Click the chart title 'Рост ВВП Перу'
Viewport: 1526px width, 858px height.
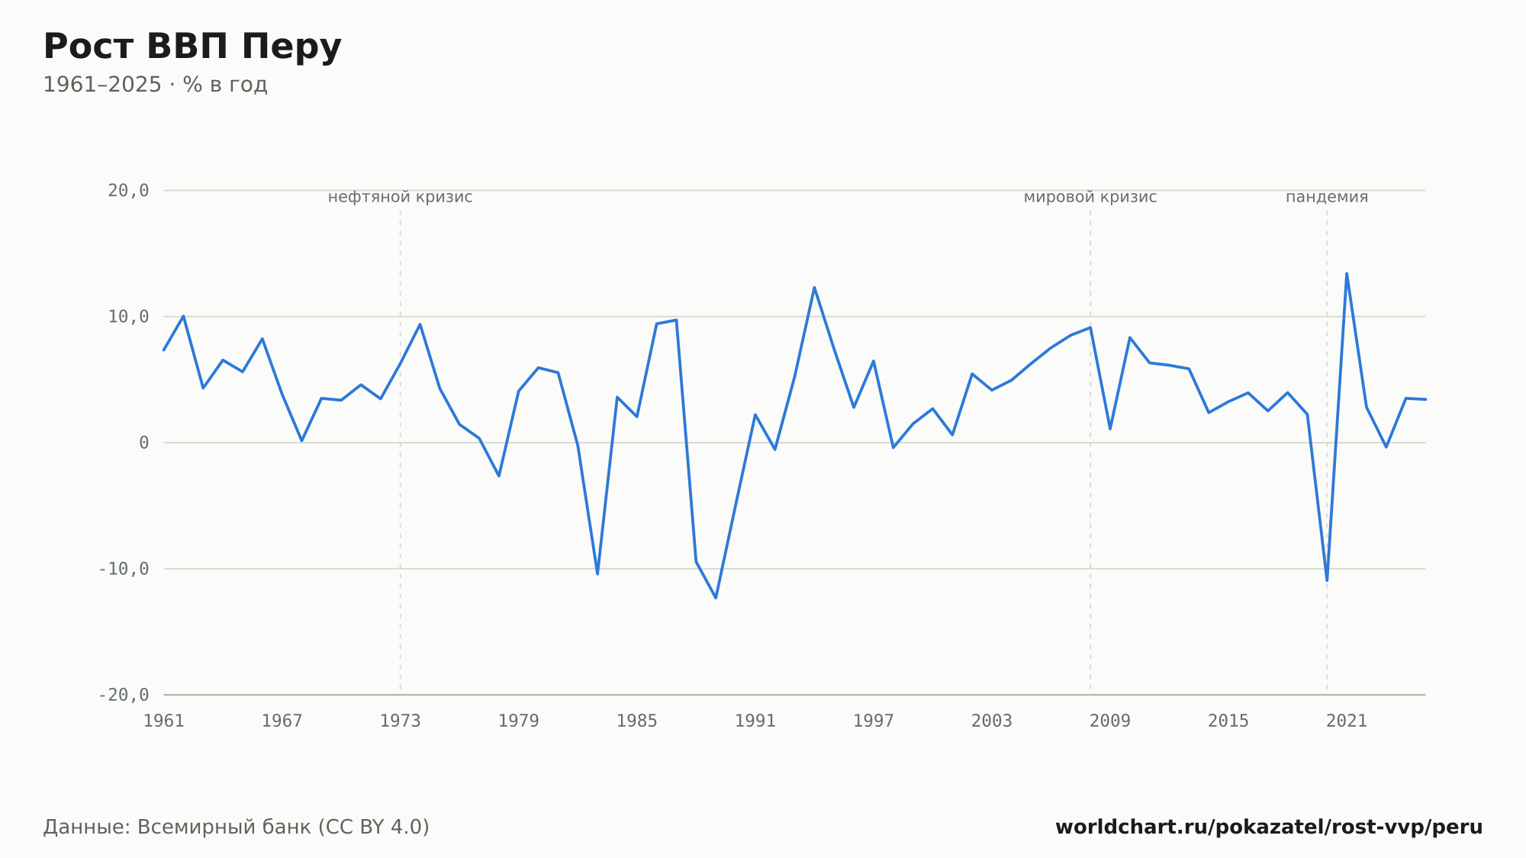(192, 47)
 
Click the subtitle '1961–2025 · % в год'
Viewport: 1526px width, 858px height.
(155, 85)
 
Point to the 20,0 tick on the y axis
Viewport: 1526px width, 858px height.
(128, 191)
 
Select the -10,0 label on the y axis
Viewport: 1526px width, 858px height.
(124, 569)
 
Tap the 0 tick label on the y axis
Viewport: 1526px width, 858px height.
(144, 443)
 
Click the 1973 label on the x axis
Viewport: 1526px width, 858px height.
(401, 721)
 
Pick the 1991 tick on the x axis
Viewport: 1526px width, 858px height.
(755, 721)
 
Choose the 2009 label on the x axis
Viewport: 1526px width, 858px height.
(1110, 721)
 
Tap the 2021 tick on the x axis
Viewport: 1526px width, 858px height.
(1347, 721)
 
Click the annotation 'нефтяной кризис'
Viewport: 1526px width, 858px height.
(401, 197)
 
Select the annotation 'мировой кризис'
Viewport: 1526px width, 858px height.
(1090, 197)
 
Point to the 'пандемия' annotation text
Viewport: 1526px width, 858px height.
(1327, 197)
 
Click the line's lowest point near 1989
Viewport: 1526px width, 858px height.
(716, 598)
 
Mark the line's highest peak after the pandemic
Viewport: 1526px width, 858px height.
(1347, 273)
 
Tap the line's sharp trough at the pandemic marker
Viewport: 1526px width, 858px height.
(1327, 580)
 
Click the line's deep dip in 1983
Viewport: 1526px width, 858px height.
(597, 573)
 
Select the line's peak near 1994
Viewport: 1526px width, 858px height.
(814, 287)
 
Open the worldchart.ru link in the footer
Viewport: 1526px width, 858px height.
(1269, 827)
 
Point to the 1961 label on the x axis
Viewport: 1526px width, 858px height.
(164, 721)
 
